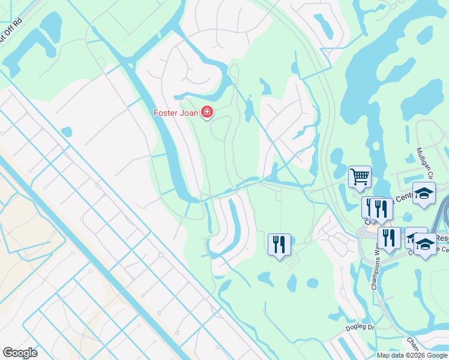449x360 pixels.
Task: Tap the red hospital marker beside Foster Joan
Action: pos(208,112)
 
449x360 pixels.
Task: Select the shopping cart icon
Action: pos(360,177)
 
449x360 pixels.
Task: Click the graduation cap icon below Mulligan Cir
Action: pos(424,194)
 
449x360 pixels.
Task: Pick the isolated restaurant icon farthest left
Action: pos(279,244)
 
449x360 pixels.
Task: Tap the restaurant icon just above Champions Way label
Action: pos(390,238)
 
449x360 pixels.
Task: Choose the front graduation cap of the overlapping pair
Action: pos(426,245)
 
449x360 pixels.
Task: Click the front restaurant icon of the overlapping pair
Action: pos(380,209)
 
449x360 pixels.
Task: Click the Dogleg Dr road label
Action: pos(360,328)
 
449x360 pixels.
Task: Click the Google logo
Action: pos(20,353)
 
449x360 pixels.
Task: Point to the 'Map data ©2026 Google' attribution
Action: pos(411,355)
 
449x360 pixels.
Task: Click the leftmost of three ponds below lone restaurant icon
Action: pos(264,278)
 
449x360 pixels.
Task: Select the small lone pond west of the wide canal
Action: pos(67,131)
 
